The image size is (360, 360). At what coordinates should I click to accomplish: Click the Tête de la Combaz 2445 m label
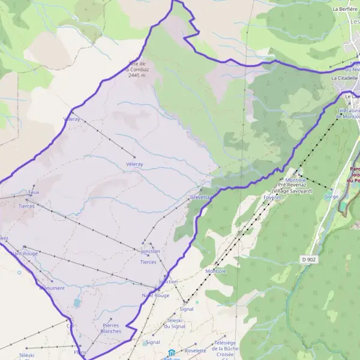pos(137,70)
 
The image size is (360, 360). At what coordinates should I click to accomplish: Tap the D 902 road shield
pos(308,259)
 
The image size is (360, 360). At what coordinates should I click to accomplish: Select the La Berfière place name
pos(344,9)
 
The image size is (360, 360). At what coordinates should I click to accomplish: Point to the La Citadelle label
pos(344,78)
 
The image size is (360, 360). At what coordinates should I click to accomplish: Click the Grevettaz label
pos(201,197)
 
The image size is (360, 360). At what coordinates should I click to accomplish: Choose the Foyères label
pos(272,197)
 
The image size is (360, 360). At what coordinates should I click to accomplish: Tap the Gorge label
pos(331,197)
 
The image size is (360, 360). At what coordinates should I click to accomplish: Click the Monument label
pos(52,288)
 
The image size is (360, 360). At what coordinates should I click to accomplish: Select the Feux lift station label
pos(34,193)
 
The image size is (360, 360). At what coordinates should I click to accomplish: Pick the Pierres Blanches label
pos(111,328)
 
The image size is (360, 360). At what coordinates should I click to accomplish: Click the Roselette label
pos(196,350)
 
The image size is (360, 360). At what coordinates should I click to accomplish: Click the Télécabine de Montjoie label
pos(347,113)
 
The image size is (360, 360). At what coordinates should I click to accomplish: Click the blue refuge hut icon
pos(172,353)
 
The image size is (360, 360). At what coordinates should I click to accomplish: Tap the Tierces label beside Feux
pos(26,206)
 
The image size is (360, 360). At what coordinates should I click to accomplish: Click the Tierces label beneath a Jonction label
pos(148,262)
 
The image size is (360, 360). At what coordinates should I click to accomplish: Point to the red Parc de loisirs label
pos(354,173)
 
